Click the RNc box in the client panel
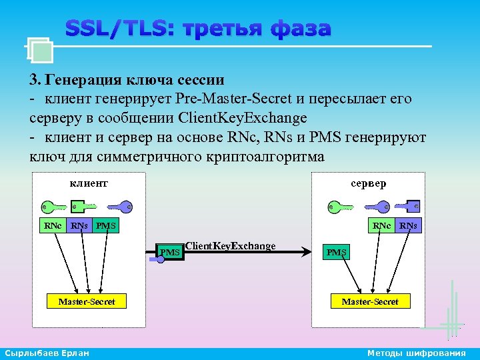tap(53, 226)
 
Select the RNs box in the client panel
tap(79, 226)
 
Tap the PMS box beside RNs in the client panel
tap(105, 226)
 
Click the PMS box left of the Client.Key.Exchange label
tap(170, 252)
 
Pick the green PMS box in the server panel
tap(337, 252)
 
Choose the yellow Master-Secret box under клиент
tap(87, 302)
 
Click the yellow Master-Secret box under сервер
tap(370, 302)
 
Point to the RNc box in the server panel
tap(382, 226)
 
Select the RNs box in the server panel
tap(408, 226)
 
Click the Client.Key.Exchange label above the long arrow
tap(230, 246)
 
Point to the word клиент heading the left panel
tap(89, 183)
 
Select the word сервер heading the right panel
tap(369, 183)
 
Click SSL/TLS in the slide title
tap(117, 29)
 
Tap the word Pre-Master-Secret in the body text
tap(233, 99)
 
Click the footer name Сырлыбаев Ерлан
tap(46, 353)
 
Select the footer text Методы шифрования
tap(417, 353)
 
